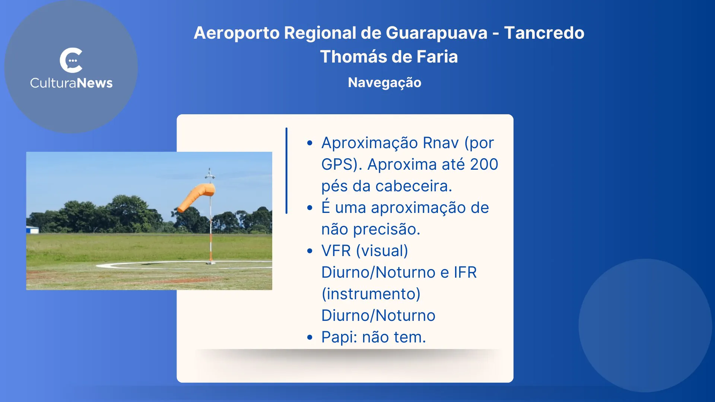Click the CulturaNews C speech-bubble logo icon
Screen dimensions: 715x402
coord(71,60)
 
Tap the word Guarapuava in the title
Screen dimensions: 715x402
coord(436,33)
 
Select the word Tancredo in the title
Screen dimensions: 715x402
coord(544,33)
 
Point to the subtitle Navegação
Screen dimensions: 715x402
coord(384,83)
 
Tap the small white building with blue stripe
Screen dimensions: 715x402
coord(32,230)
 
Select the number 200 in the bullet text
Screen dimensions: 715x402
coord(484,165)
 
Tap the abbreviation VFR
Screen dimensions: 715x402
coord(336,251)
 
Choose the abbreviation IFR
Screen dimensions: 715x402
coord(465,272)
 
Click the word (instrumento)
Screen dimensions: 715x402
coord(371,294)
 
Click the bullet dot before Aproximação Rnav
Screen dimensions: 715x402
coord(310,143)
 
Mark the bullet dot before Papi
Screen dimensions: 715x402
coord(310,338)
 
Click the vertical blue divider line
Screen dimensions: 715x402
coord(286,170)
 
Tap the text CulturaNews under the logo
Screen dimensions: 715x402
coord(71,83)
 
